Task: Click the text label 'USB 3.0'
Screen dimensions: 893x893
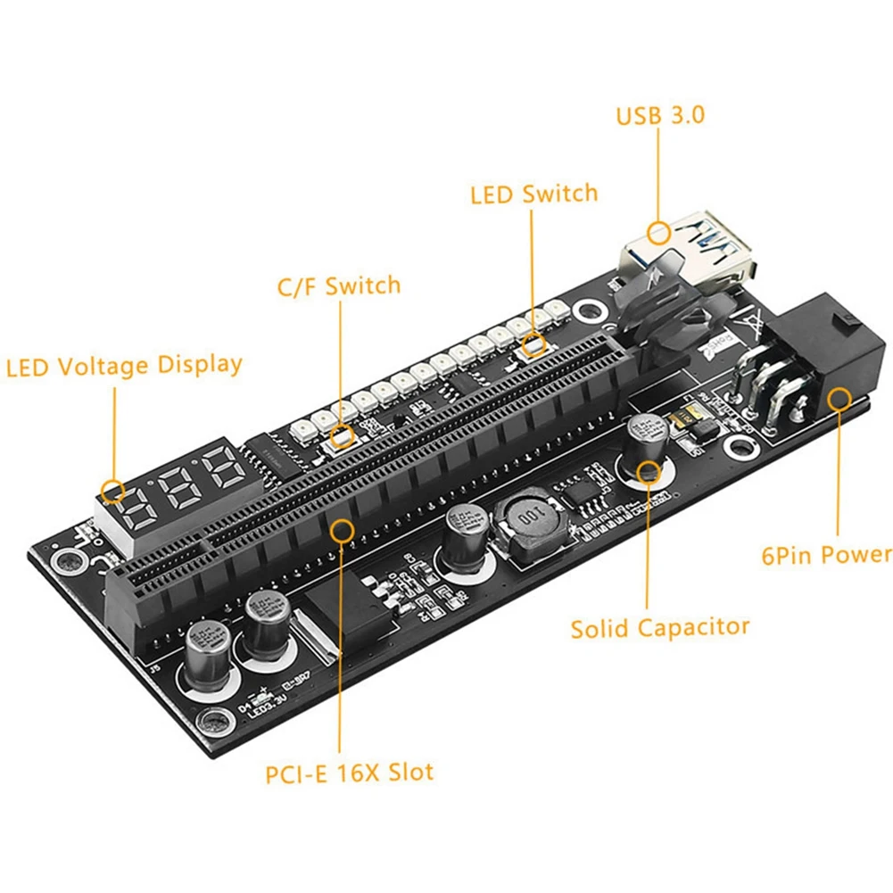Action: tap(659, 115)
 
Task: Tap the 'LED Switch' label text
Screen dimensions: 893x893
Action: tap(533, 194)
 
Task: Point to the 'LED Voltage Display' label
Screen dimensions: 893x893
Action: tap(124, 366)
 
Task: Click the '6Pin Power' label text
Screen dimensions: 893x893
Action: tap(826, 555)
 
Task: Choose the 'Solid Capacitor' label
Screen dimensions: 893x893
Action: tap(660, 627)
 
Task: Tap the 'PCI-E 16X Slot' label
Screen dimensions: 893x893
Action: tap(349, 771)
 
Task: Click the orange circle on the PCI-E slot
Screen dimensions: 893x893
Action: tap(342, 529)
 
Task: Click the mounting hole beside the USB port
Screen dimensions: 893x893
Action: tap(588, 312)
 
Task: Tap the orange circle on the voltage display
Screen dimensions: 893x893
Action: tap(112, 489)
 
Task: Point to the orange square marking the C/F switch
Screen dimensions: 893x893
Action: tap(341, 437)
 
